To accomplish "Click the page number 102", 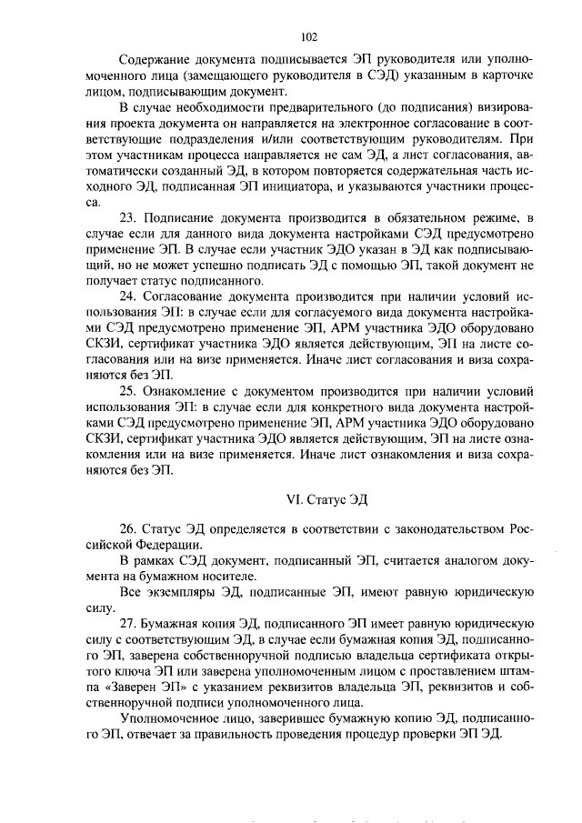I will tap(307, 37).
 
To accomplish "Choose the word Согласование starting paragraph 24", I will tap(188, 297).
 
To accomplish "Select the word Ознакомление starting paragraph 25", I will tap(192, 392).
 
